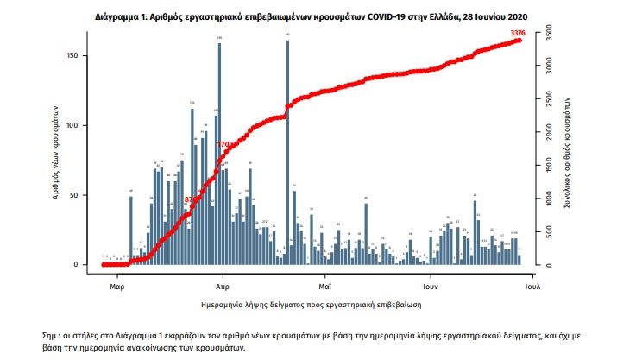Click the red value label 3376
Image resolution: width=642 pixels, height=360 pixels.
coord(518,33)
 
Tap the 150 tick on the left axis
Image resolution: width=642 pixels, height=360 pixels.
coord(74,56)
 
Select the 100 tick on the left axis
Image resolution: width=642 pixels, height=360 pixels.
coord(74,125)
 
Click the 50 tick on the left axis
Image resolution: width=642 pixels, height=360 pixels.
coord(76,195)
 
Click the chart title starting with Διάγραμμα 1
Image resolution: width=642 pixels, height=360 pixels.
coord(320,16)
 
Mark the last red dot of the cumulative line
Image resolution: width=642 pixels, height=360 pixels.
coord(519,40)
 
